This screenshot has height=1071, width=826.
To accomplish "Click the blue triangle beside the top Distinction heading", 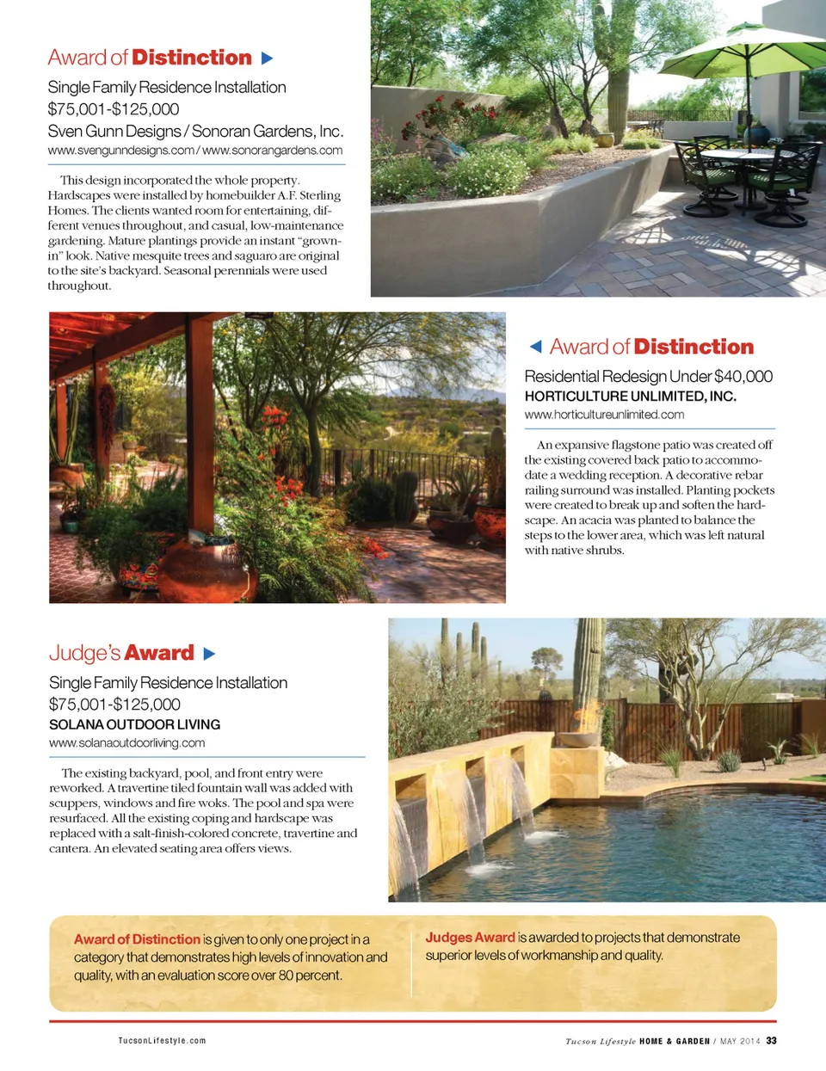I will tap(267, 58).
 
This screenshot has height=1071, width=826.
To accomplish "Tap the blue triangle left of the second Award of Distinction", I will tap(535, 347).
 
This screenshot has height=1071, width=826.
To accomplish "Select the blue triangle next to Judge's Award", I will tap(209, 654).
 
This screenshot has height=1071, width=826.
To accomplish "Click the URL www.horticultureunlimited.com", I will tap(604, 415).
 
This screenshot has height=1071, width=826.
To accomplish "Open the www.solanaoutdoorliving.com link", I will tap(126, 743).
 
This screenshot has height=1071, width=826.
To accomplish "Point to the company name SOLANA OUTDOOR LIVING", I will tap(134, 724).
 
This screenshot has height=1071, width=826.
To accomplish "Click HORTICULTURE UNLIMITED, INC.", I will tap(630, 397).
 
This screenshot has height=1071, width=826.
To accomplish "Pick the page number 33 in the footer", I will tap(771, 1041).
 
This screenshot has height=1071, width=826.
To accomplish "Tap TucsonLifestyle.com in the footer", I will tap(162, 1041).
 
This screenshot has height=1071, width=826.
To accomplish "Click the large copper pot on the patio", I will tap(204, 572).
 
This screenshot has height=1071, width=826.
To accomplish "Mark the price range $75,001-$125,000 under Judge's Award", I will tap(114, 705).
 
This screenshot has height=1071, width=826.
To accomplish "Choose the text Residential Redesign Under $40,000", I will tap(648, 377).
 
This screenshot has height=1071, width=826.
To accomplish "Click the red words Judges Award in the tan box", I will tap(470, 938).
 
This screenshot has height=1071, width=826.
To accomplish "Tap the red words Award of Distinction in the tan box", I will tap(137, 939).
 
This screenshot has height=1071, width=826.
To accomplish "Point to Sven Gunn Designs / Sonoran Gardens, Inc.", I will tap(195, 132).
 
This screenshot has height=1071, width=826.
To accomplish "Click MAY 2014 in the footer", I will tap(740, 1041).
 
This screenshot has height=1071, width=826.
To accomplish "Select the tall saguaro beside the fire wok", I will tap(589, 671).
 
